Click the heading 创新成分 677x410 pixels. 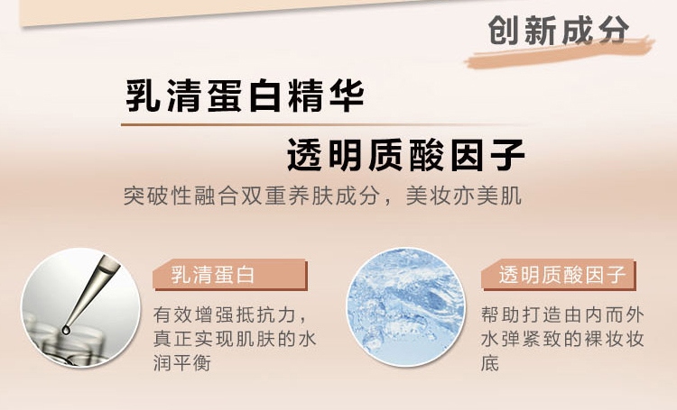pos(558,30)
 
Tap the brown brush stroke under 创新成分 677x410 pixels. pos(560,53)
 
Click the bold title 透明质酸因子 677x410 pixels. pos(406,155)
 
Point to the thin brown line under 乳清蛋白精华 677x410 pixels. pos(324,125)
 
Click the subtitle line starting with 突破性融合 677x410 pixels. pos(322,196)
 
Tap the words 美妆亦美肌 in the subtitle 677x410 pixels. pos(464,196)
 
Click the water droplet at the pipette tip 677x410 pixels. pos(66,330)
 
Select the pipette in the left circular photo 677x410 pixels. pos(89,293)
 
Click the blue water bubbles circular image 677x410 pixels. pos(406,307)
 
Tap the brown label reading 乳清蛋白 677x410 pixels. pos(230,275)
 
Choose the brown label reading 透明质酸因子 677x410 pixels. pos(559,275)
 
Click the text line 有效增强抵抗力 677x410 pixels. pos(230,314)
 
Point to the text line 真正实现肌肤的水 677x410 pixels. pos(235,339)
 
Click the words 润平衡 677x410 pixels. pos(181,363)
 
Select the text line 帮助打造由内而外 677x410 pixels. pos(562,314)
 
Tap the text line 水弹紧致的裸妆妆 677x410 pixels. pos(562,339)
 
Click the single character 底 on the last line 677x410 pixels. pos(490,363)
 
